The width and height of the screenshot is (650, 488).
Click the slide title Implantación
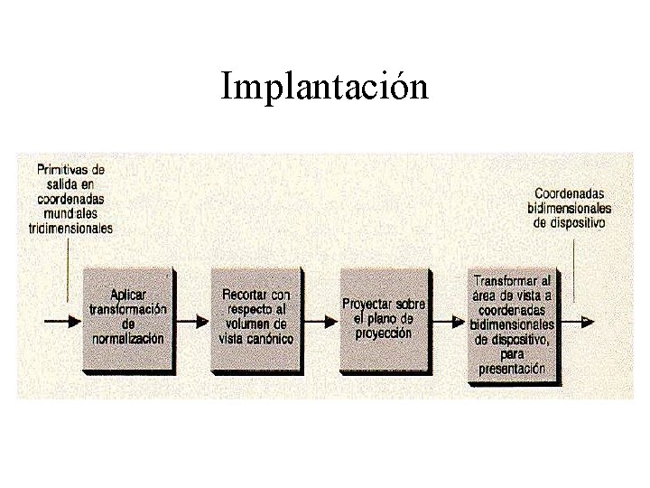coord(324,88)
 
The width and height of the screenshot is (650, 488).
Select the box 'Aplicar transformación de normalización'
coord(128,318)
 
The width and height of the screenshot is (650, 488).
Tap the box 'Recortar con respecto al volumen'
coord(256,317)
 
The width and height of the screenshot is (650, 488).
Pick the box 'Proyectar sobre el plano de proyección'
coord(384,318)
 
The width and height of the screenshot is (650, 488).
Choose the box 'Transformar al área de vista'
coord(512,324)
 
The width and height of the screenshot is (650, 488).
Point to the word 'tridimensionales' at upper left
coord(71,229)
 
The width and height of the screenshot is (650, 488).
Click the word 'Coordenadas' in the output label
coord(570,193)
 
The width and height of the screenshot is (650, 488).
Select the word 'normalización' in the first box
coord(128,339)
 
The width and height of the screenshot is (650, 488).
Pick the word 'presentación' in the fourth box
coord(512,369)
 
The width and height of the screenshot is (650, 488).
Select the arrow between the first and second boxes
coord(192,320)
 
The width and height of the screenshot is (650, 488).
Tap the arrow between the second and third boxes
coord(320,320)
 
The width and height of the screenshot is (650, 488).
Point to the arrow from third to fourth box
coord(449,320)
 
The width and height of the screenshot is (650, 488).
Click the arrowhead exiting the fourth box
coord(587,320)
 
